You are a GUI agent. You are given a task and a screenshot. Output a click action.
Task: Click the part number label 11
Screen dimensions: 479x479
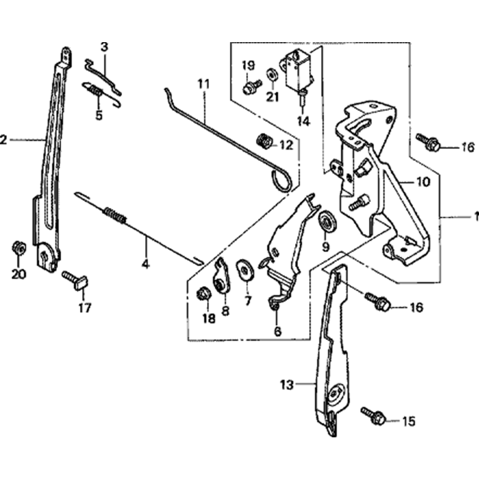(x=204, y=84)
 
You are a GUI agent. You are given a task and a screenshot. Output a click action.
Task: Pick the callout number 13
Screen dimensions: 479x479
(x=286, y=384)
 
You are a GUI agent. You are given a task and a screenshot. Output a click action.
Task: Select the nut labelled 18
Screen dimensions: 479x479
(x=203, y=293)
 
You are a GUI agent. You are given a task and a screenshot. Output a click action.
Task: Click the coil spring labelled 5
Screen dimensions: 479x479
(x=97, y=90)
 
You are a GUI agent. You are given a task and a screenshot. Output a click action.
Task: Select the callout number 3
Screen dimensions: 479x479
(x=104, y=47)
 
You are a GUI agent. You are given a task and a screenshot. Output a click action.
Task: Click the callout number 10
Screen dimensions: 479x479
(x=423, y=182)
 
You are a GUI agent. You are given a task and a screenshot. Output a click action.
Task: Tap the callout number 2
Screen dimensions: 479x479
(x=3, y=140)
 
